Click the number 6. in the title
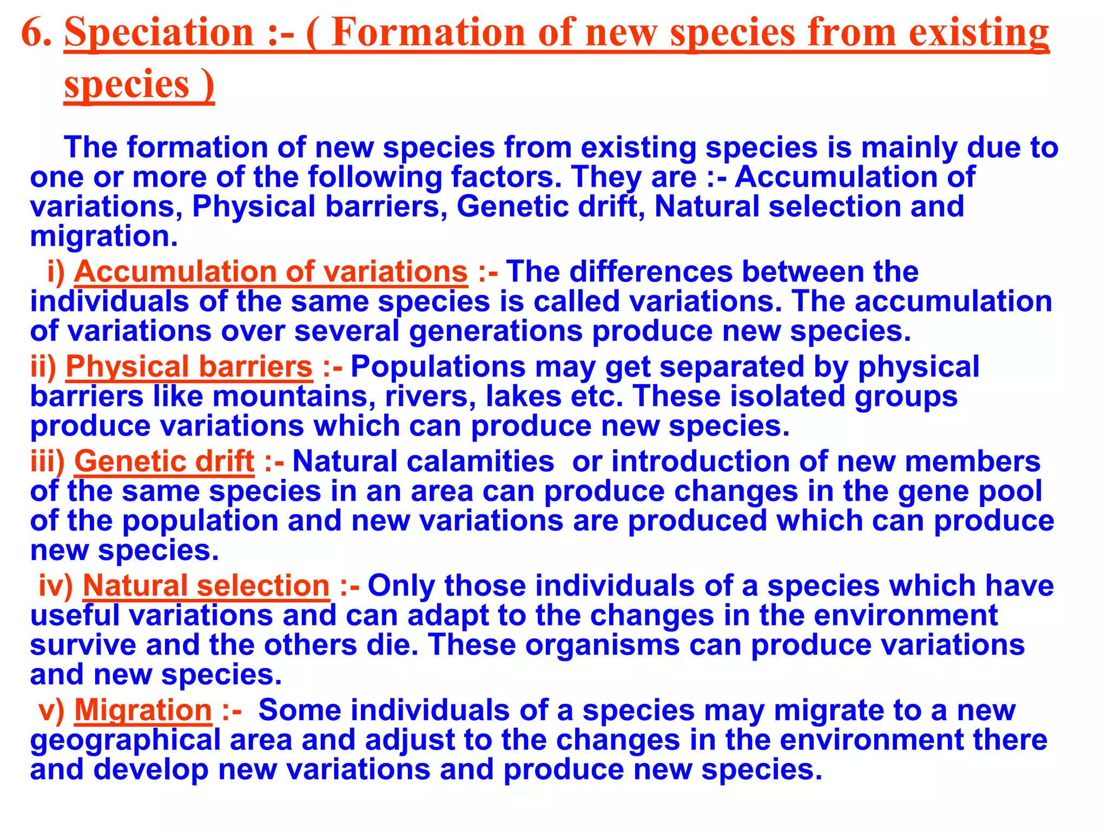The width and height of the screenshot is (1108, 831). (x=36, y=32)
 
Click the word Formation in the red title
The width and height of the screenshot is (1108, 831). (x=428, y=32)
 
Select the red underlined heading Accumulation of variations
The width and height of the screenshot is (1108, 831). (x=271, y=272)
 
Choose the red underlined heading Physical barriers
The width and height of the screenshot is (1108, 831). (x=189, y=367)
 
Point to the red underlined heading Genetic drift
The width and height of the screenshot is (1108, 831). (x=164, y=461)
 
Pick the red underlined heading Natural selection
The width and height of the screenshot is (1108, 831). (x=206, y=586)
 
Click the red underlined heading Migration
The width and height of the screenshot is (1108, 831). (x=143, y=710)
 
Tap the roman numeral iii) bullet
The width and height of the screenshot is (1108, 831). (x=47, y=461)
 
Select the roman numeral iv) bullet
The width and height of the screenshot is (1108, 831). (x=55, y=586)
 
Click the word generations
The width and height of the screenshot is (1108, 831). (x=496, y=331)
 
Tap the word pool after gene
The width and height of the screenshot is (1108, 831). (x=1011, y=491)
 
